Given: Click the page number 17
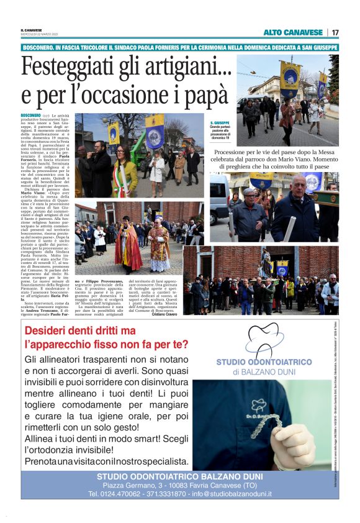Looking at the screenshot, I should (x=335, y=32).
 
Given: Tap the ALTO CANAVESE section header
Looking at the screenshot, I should (x=293, y=32).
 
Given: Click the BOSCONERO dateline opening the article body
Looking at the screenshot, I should (x=30, y=116).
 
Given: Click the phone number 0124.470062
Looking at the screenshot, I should (x=119, y=494).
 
